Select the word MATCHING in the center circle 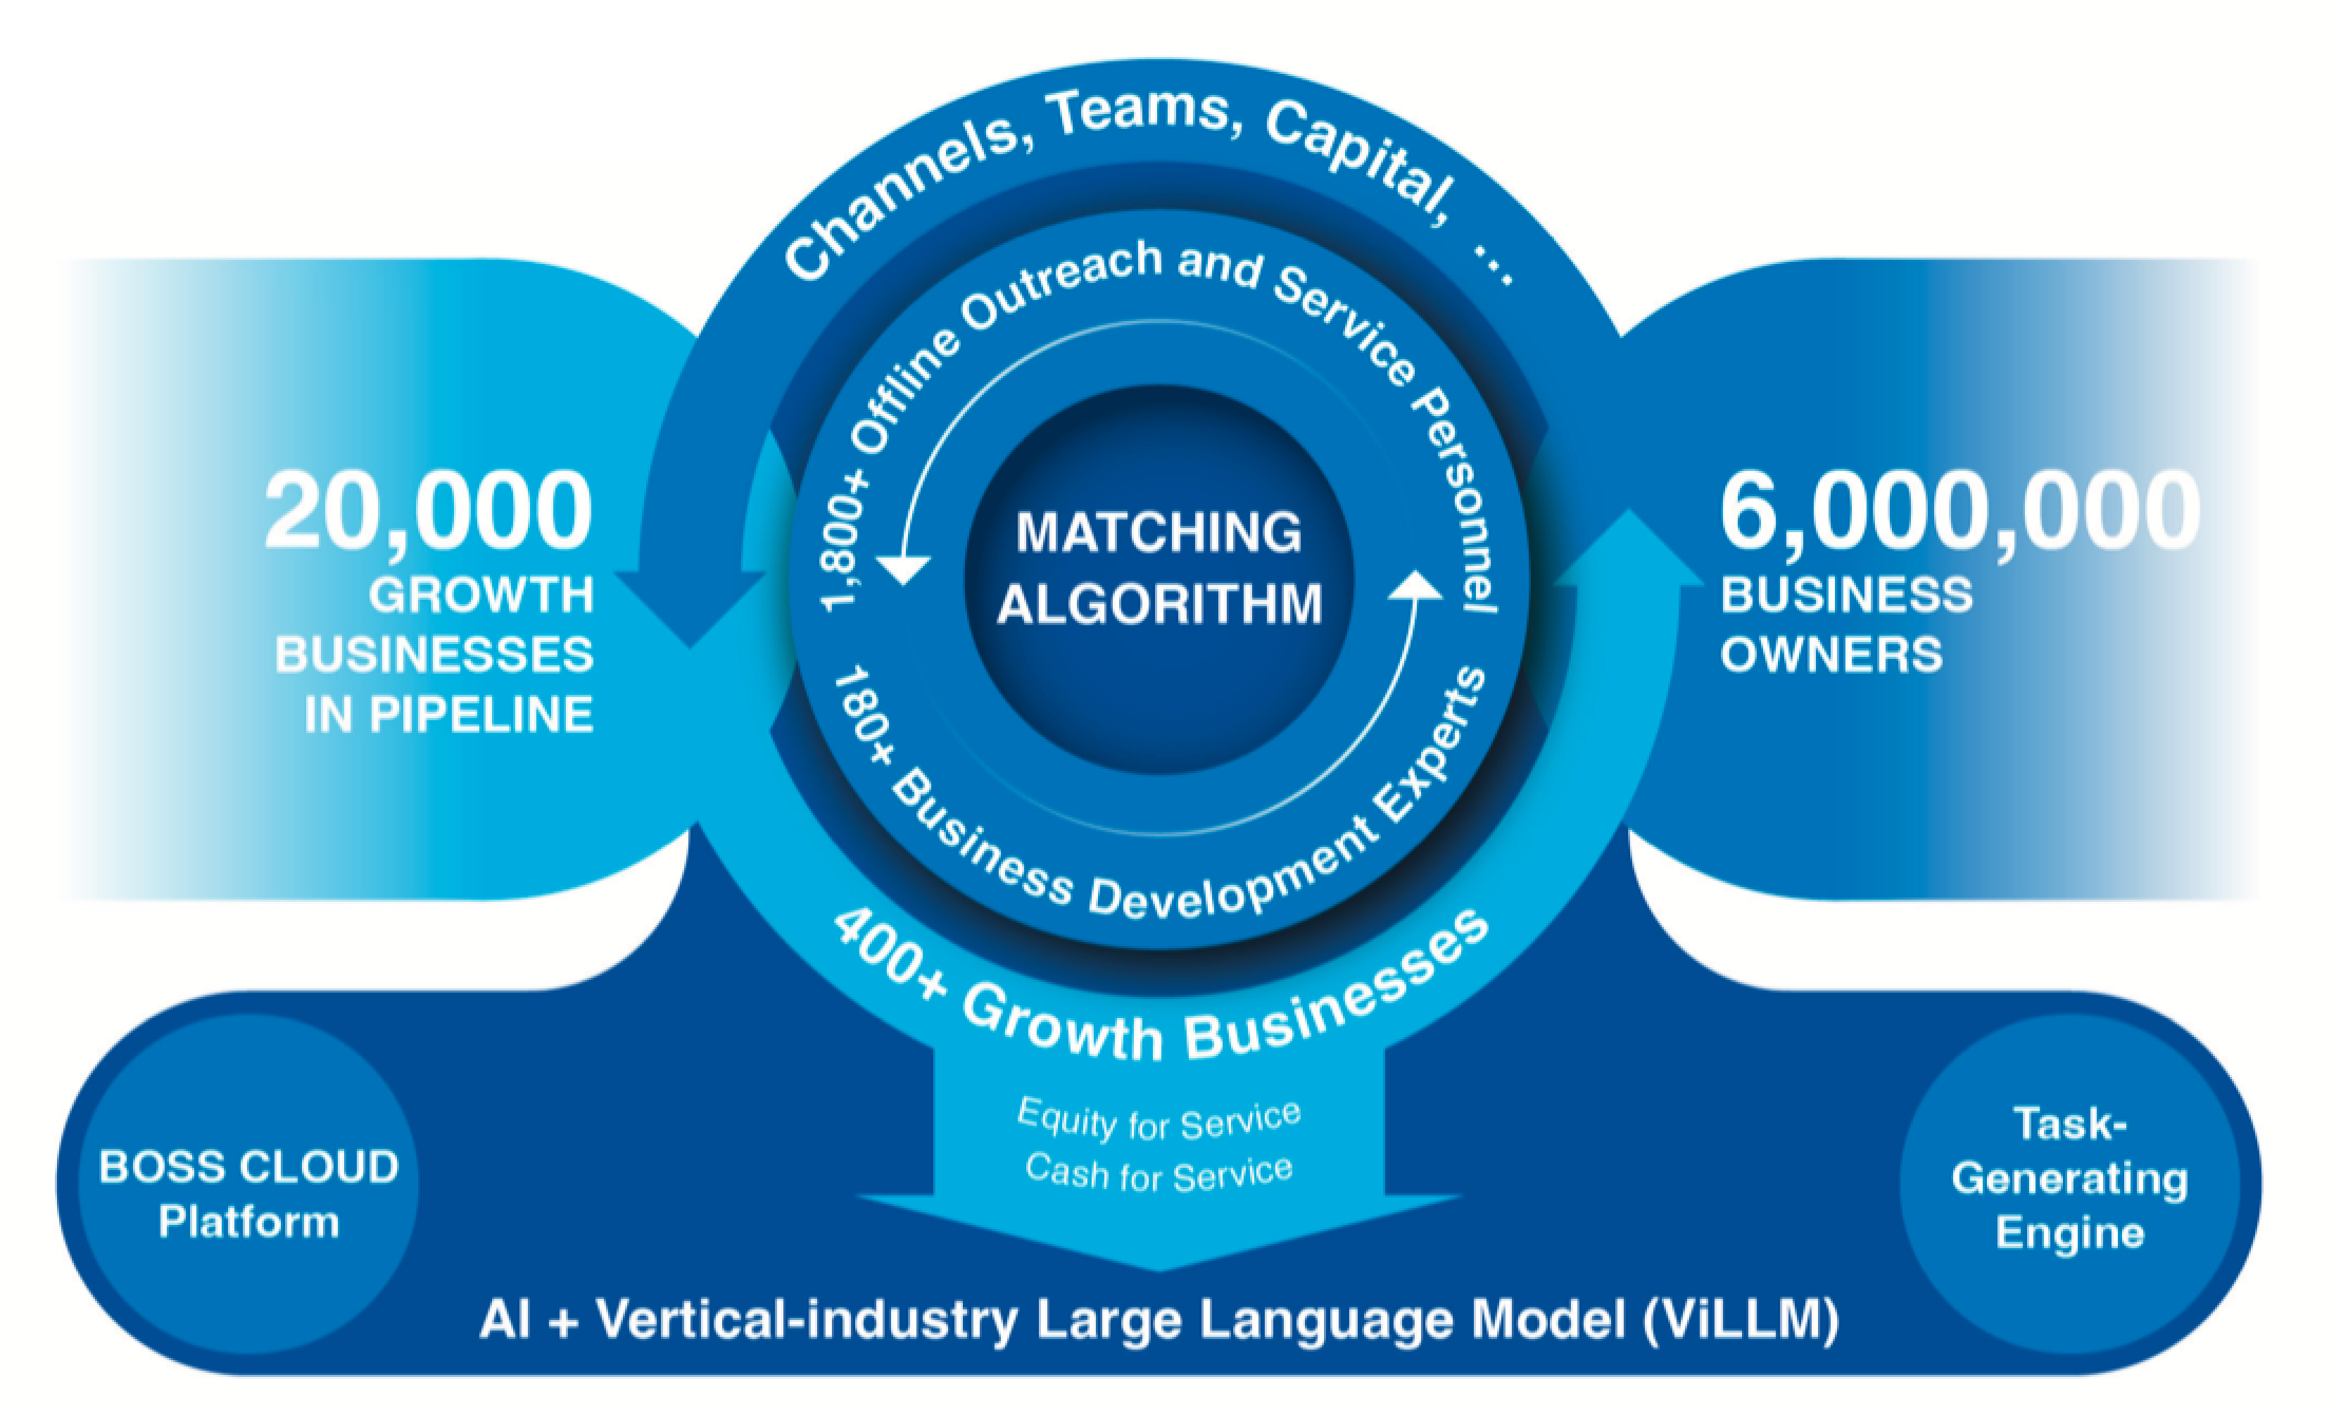pyautogui.click(x=1159, y=532)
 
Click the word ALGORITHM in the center pyautogui.click(x=1160, y=604)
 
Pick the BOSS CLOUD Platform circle pyautogui.click(x=248, y=1193)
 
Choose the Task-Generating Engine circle pyautogui.click(x=2069, y=1178)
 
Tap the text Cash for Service pyautogui.click(x=1159, y=1173)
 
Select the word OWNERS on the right pyautogui.click(x=1831, y=654)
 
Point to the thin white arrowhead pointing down pyautogui.click(x=903, y=570)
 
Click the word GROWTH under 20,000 pyautogui.click(x=481, y=596)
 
